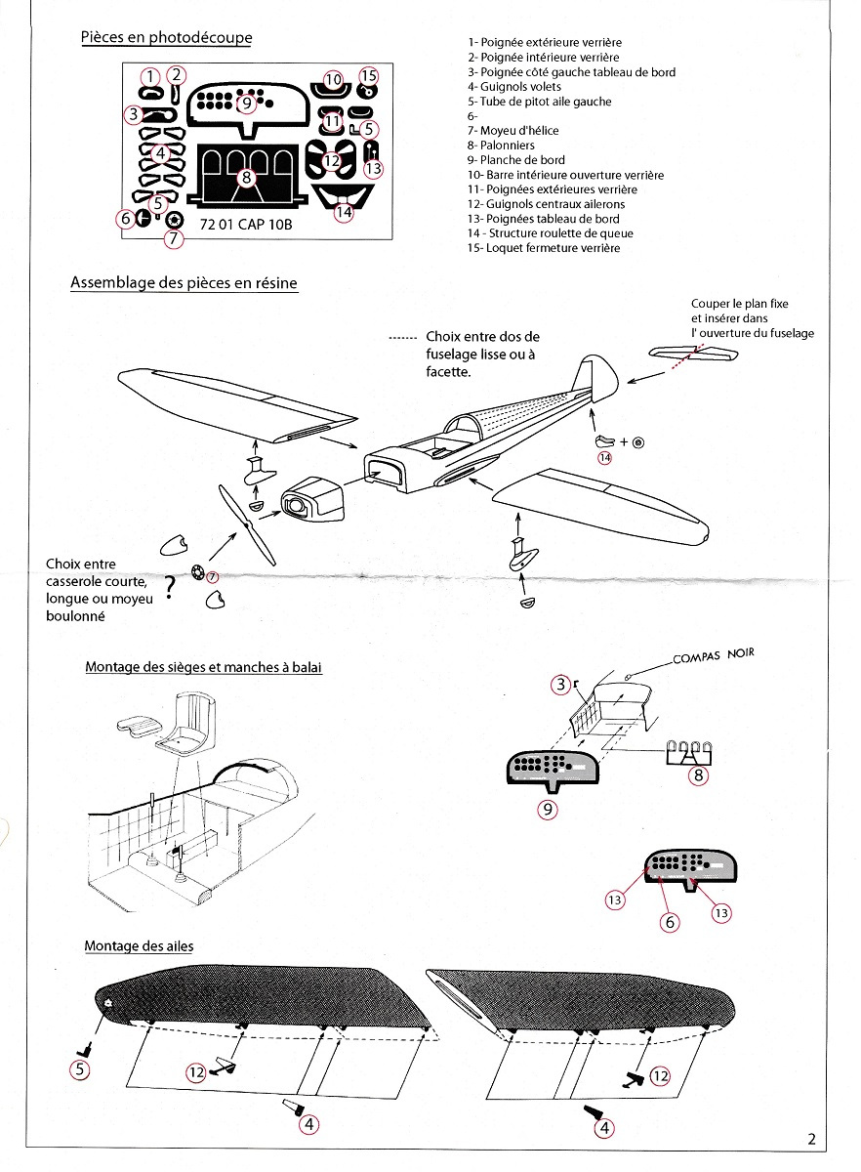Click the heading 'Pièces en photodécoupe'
point(166,37)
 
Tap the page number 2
point(812,1138)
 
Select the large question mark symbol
point(170,585)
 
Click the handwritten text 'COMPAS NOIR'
point(713,657)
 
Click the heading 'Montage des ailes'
point(139,946)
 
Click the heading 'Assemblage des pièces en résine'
point(184,282)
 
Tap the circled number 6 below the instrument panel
point(670,919)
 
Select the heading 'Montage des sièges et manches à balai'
point(203,667)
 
